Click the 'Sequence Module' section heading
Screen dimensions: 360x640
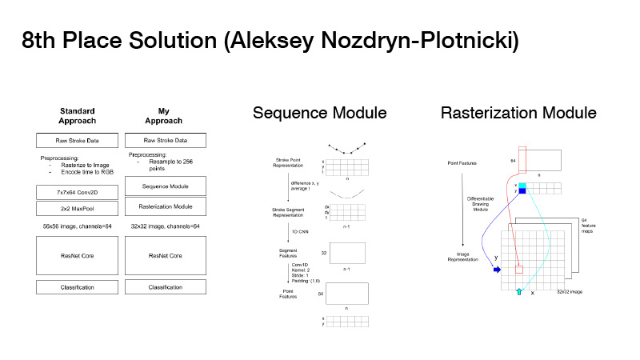pos(319,114)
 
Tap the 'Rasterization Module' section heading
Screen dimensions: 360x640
pos(518,114)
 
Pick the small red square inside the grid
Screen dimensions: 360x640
pos(519,270)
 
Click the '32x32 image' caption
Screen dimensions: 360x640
pos(570,292)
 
